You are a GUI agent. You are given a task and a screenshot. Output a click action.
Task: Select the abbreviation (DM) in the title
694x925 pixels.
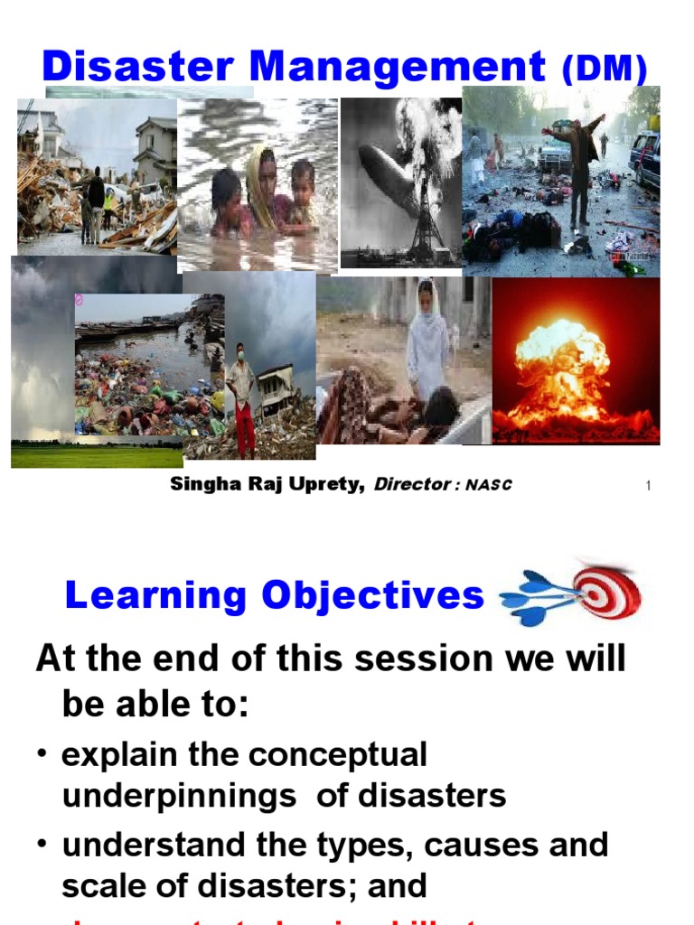tap(605, 69)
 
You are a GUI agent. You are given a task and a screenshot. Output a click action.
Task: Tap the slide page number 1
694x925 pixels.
tap(648, 487)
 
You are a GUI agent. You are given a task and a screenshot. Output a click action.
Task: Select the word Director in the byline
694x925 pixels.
tap(411, 484)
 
